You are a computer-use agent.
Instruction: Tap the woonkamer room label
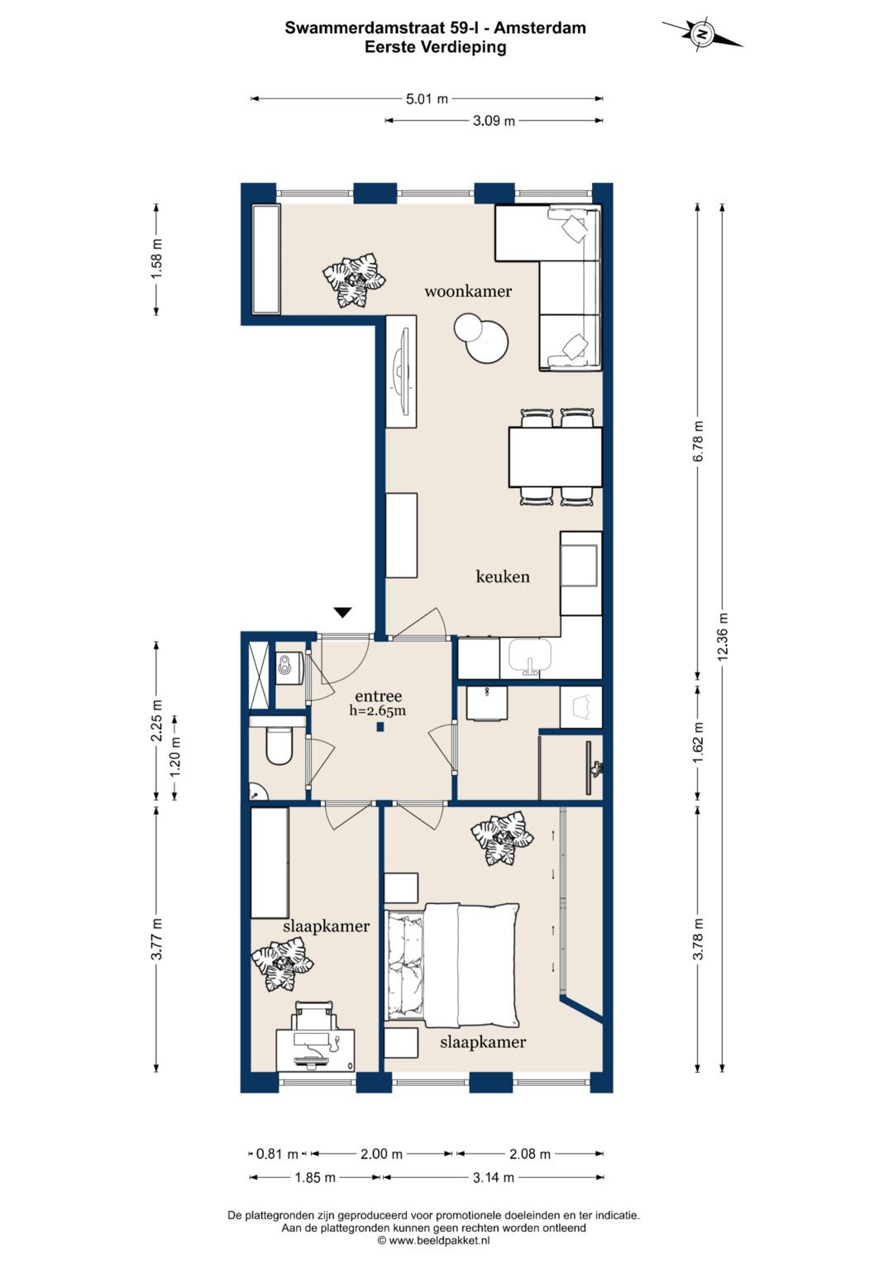click(x=468, y=291)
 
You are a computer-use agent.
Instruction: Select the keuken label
click(x=503, y=576)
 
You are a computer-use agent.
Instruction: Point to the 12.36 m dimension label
click(x=723, y=636)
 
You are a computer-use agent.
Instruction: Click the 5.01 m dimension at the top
click(x=427, y=99)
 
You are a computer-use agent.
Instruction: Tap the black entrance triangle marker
click(x=343, y=612)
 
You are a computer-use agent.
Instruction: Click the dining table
click(x=556, y=457)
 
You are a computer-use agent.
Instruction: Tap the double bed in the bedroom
click(x=451, y=965)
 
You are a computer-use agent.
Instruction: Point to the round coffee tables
click(x=481, y=337)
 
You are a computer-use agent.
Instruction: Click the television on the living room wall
click(x=402, y=371)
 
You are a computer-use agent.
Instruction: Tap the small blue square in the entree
click(x=380, y=727)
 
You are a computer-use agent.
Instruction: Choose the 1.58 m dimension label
click(x=157, y=259)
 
